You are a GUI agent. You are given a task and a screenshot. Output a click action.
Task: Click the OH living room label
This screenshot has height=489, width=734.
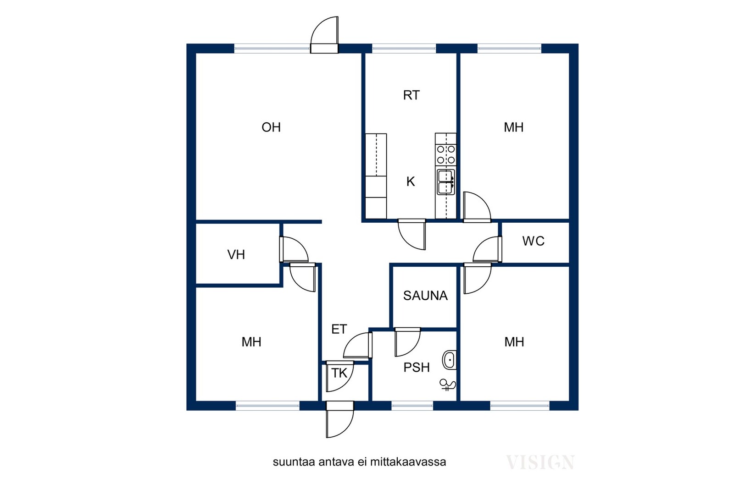pos(271,127)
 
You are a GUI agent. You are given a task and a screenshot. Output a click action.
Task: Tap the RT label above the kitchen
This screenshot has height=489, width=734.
pos(411,95)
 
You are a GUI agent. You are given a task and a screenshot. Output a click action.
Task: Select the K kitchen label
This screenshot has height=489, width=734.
pos(410,181)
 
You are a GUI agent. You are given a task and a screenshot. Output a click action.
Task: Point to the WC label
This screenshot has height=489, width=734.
pos(533,241)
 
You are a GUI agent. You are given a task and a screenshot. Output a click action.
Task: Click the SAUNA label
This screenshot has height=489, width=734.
pos(425,296)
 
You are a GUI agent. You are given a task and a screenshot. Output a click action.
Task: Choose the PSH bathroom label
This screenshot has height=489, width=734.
pos(416,368)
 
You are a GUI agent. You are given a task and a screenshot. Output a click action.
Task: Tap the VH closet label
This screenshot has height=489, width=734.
pos(236,255)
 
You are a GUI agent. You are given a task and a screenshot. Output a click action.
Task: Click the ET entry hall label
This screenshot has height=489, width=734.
pos(339,329)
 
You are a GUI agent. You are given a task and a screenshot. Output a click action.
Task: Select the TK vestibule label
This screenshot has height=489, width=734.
pos(339,373)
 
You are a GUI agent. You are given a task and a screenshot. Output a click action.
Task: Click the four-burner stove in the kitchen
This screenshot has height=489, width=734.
pos(446,154)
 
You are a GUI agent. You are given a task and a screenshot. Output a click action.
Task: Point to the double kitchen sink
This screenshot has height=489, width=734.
pos(446,182)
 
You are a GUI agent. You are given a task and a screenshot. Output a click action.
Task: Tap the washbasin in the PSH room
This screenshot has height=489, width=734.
pos(449,360)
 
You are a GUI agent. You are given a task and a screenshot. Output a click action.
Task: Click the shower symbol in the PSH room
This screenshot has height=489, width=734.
pos(447,385)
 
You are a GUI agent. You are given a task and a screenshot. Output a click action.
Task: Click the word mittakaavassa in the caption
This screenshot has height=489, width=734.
pos(408,462)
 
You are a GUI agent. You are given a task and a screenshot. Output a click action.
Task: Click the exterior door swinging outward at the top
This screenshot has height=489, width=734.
pos(324,35)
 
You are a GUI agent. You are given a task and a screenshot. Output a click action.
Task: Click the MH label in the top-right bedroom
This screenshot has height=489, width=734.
pos(513,127)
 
